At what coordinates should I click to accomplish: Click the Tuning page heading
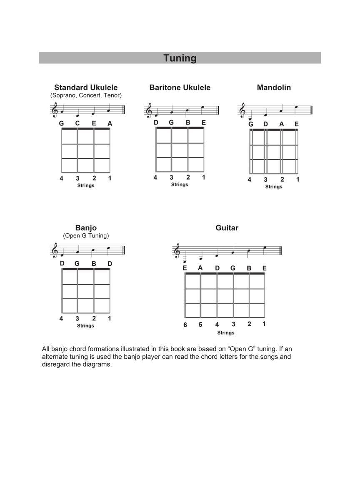pos(180,58)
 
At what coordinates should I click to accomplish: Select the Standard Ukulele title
pos(86,87)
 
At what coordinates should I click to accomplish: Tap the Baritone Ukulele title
pos(180,87)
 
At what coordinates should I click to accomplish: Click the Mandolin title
pos(274,87)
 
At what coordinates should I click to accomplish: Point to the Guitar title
pos(227,228)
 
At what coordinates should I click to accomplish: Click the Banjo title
pos(86,228)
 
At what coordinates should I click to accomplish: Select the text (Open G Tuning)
pos(86,236)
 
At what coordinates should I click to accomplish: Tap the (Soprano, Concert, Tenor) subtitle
pos(86,95)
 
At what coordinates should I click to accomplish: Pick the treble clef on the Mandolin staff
pos(242,111)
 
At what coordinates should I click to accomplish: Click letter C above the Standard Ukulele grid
pos(77,123)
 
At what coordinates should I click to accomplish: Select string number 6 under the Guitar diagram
pos(185,325)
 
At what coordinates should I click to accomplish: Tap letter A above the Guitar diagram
pos(200,268)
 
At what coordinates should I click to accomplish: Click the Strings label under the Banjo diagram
pos(85,326)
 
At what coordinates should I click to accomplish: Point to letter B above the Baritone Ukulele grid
pos(188,122)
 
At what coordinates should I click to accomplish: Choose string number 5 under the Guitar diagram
pos(200,325)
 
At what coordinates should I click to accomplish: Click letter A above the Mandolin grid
pos(282,124)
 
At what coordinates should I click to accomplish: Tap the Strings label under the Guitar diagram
pos(225,333)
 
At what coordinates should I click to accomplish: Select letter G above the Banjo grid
pos(77,264)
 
